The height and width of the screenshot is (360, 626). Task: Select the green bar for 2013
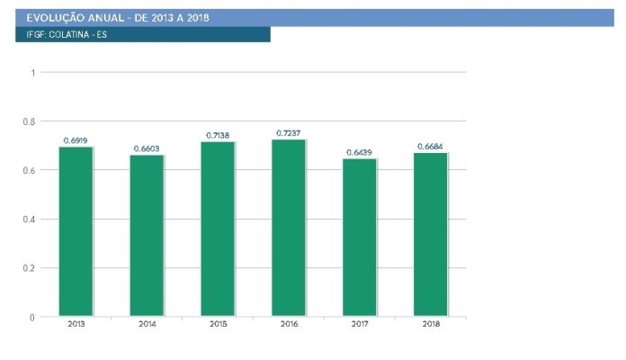coord(76,231)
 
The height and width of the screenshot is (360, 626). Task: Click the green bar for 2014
coord(147,235)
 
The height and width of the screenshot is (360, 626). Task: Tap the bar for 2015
coord(218,229)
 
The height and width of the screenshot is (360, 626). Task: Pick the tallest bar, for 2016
coord(289,228)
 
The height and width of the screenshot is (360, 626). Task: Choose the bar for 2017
coord(359,238)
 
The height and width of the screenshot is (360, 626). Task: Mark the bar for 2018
coord(430,235)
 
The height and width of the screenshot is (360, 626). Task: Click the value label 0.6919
coord(76,140)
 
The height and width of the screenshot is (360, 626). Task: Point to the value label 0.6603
coord(147,148)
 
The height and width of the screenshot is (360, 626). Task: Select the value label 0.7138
coord(218,135)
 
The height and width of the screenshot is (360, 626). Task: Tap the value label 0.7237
coord(288,133)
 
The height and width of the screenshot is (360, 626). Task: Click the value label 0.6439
coord(359,153)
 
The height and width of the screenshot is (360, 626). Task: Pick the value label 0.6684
coord(430,147)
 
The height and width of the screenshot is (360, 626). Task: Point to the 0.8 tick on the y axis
coord(29,121)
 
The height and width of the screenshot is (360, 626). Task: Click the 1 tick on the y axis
coord(33,73)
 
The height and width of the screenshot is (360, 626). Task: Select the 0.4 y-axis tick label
coord(29,220)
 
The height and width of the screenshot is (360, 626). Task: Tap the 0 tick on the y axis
coord(32,318)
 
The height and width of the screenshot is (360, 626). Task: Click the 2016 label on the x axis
coord(289,324)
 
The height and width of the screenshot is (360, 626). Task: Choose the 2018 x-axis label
coord(431,324)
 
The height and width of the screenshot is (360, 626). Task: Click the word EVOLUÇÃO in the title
coord(56,18)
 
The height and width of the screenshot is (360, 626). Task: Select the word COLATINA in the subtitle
coord(69,35)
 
